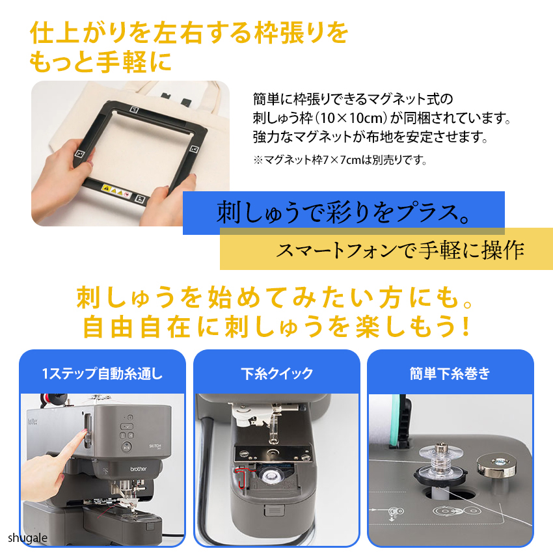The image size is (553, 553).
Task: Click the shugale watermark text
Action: click(x=27, y=538)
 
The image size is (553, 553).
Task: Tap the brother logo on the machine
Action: click(x=138, y=468)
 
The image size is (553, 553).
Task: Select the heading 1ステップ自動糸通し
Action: click(x=102, y=373)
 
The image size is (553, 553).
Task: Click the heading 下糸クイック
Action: click(x=277, y=373)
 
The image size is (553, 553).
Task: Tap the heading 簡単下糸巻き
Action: click(x=450, y=373)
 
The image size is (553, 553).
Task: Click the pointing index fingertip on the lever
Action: click(x=85, y=435)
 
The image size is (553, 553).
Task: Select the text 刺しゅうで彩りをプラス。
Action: click(x=343, y=213)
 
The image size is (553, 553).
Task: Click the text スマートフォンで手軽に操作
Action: click(x=400, y=250)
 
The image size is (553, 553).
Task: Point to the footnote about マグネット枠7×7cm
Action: click(x=340, y=160)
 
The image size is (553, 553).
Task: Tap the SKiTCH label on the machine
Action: click(x=155, y=446)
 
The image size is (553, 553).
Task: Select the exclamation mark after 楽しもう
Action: click(x=466, y=326)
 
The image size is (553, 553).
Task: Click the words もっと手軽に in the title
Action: click(x=100, y=62)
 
